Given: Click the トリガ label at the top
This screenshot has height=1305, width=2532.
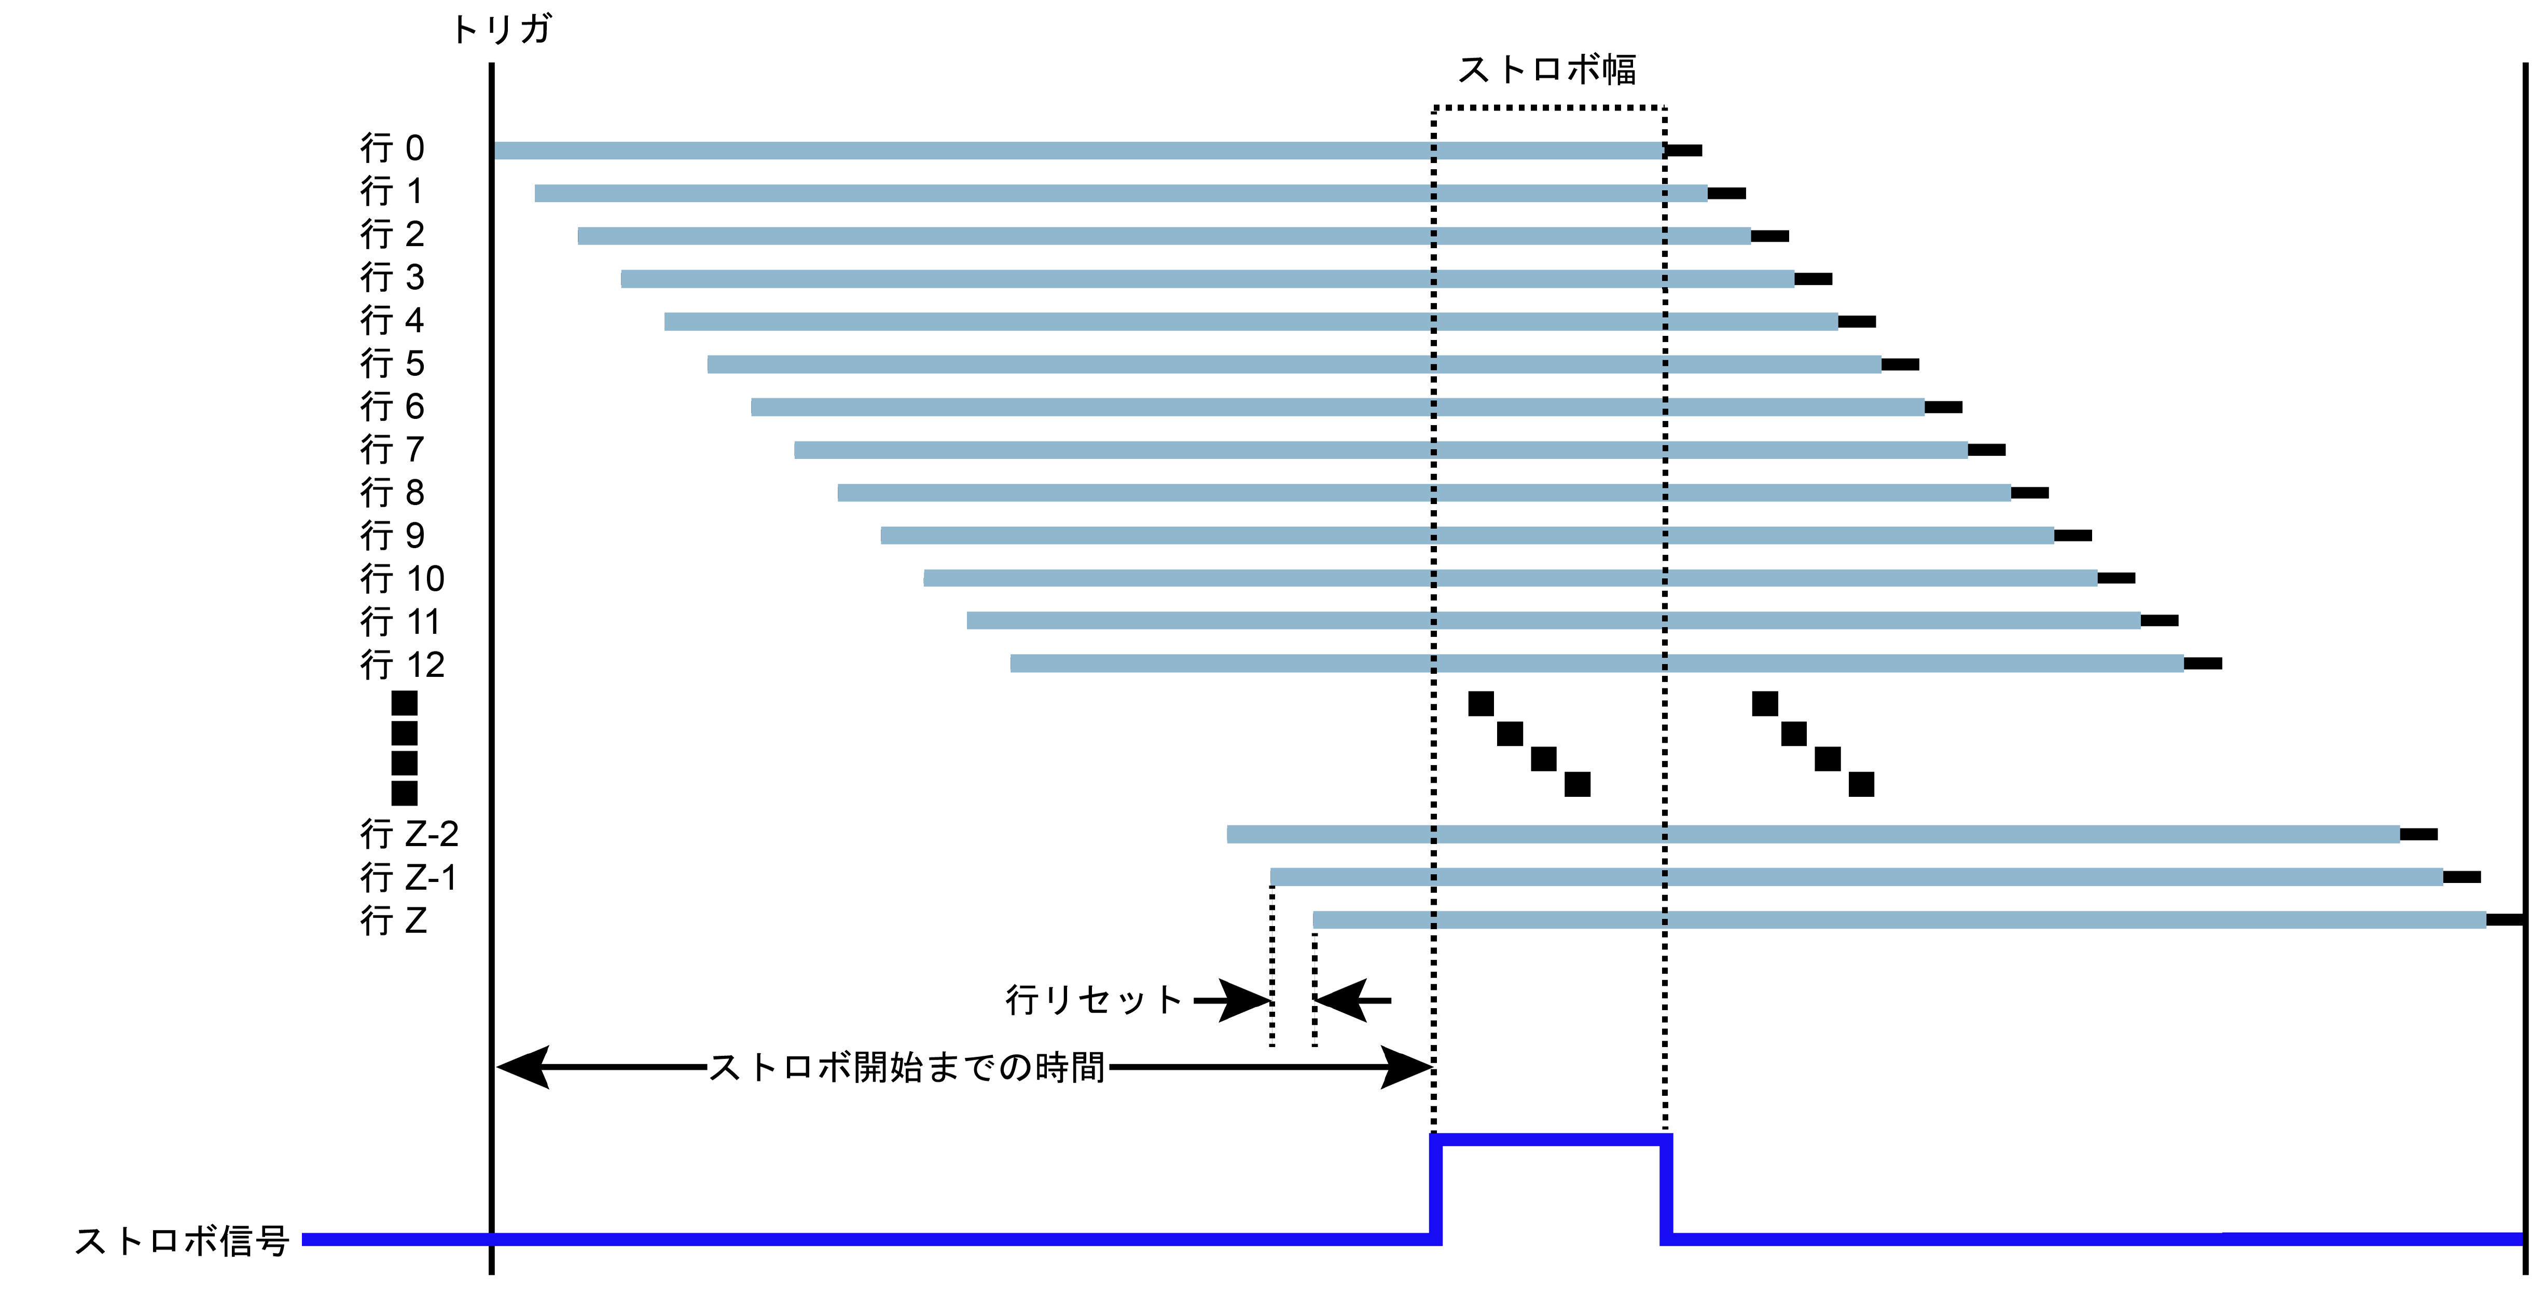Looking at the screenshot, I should click(501, 30).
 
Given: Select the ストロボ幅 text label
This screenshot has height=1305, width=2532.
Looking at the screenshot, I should click(1546, 70).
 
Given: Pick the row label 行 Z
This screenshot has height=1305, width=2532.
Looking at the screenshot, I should click(393, 920).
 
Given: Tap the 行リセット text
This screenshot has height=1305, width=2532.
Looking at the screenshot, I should click(1093, 1000).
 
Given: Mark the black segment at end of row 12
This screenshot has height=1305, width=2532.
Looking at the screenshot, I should click(2203, 664).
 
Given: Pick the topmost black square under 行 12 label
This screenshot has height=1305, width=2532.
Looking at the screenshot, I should click(404, 703).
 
